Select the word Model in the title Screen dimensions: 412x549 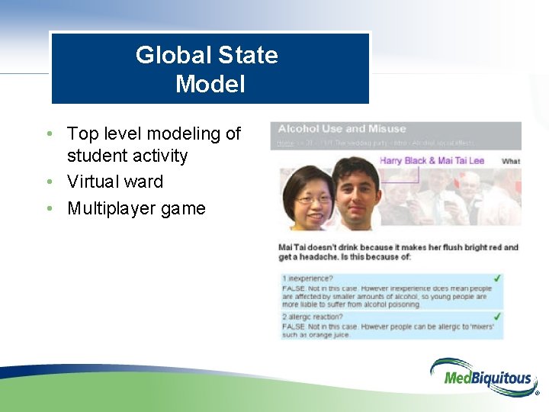click(210, 84)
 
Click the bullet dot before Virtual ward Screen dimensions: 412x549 click(50, 182)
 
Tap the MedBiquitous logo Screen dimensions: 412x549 click(483, 376)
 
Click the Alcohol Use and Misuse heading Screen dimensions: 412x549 click(342, 129)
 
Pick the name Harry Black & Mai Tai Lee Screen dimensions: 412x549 click(432, 160)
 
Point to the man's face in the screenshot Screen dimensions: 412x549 click(356, 195)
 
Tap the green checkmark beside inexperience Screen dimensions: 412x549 click(497, 278)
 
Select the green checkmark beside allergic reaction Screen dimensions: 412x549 click(497, 316)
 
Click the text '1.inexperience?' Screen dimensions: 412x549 click(307, 278)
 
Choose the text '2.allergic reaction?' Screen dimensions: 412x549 click(313, 317)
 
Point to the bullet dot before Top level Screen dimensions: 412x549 click(50, 134)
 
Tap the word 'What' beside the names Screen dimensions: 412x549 click(511, 161)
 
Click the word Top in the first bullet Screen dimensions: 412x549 click(82, 134)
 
